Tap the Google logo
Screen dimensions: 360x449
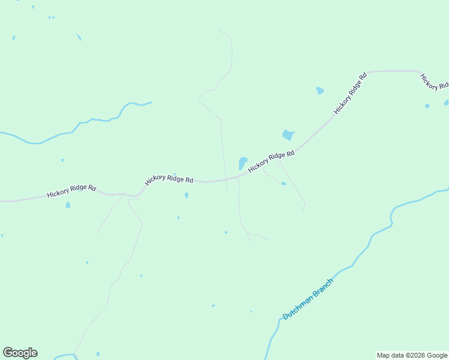click(20, 353)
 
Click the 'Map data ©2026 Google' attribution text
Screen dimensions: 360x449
click(412, 355)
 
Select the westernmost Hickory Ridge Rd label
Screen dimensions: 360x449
click(71, 191)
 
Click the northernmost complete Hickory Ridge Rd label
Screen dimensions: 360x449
click(351, 94)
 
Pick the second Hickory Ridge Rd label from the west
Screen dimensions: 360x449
click(169, 180)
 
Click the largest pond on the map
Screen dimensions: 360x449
click(289, 135)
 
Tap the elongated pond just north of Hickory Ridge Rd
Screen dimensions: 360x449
click(243, 163)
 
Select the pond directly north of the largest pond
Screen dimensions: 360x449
click(320, 91)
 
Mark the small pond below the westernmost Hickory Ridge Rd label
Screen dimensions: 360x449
click(68, 205)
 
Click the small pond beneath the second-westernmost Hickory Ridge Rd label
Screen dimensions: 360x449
click(187, 196)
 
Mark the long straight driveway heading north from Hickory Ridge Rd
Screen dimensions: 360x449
click(223, 150)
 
